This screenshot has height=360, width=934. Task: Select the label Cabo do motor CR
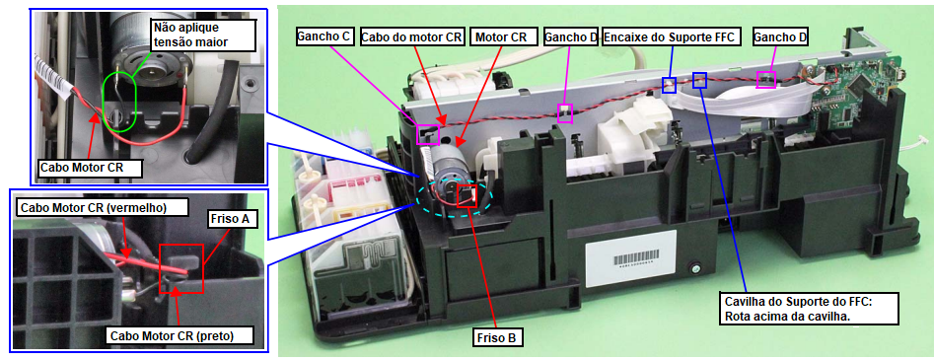(411, 36)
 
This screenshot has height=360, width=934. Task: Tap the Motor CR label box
(500, 36)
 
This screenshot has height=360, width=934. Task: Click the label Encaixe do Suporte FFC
(672, 36)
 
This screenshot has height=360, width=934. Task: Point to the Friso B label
(499, 338)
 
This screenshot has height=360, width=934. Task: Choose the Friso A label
(234, 220)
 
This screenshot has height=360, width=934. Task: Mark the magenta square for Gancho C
(429, 135)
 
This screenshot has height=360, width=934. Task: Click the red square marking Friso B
(467, 195)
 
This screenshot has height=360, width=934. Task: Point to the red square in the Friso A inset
(181, 268)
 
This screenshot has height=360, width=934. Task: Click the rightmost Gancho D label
(780, 36)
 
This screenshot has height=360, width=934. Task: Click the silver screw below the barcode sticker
(695, 269)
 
